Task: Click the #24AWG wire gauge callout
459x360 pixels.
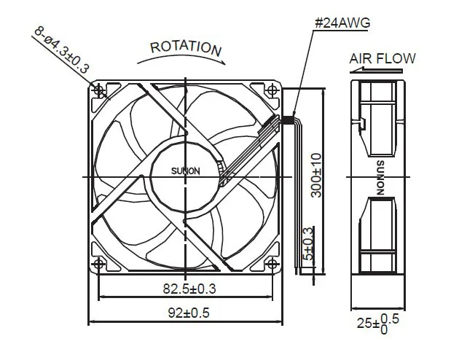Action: point(342,23)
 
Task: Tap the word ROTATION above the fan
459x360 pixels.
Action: point(186,48)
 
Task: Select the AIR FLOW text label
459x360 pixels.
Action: point(382,58)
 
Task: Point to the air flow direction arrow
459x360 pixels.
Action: point(376,71)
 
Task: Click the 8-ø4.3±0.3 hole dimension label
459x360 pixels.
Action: point(61,50)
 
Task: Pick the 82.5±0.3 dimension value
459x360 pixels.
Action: point(189,289)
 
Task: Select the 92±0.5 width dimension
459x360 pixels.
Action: point(189,313)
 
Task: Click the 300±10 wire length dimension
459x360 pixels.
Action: point(316,175)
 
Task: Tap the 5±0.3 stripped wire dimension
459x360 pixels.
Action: point(308,244)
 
